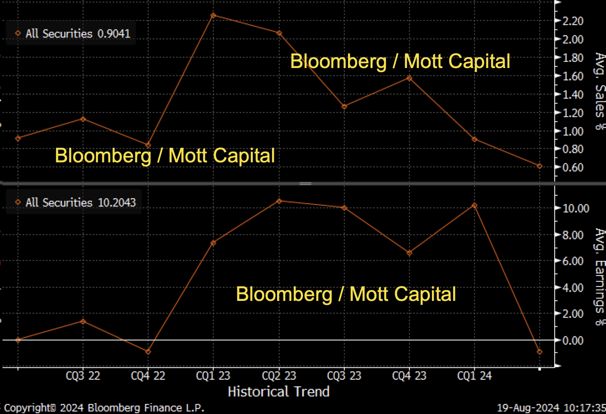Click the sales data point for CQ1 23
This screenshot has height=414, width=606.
point(213,15)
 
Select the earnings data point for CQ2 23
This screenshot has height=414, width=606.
point(279,201)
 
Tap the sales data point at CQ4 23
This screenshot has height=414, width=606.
point(409,78)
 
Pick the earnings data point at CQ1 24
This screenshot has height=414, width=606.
point(475,206)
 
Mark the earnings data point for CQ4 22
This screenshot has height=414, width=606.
point(148,352)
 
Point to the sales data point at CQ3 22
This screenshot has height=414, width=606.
point(83,119)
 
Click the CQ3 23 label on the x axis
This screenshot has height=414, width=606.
point(344,376)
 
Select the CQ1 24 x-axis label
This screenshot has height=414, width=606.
point(474,376)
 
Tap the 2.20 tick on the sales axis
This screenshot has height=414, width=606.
point(573,21)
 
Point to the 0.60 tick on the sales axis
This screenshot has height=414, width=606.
point(573,167)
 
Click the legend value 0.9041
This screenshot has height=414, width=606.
point(114,34)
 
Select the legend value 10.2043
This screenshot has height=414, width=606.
point(116,203)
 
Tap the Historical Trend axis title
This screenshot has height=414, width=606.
point(278,391)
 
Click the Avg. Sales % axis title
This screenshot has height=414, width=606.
point(600,91)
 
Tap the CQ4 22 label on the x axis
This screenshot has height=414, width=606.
point(148,376)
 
